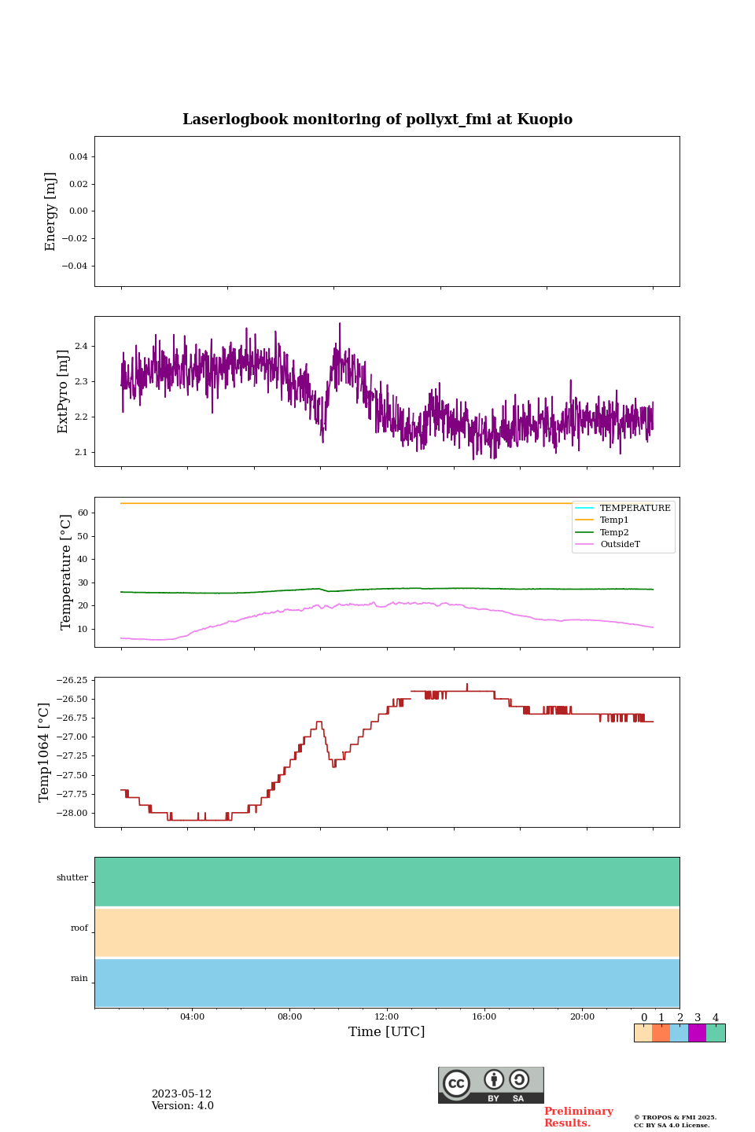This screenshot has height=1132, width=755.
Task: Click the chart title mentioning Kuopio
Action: (x=377, y=119)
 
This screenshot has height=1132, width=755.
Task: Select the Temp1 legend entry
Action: (x=614, y=520)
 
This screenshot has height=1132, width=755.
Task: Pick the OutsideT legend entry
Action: (x=620, y=545)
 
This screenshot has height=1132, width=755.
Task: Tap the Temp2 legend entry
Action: (x=614, y=533)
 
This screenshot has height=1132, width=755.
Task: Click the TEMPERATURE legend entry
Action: (x=635, y=509)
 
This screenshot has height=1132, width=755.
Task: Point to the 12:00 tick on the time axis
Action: (x=387, y=1017)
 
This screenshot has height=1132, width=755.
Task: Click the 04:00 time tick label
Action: (x=192, y=1017)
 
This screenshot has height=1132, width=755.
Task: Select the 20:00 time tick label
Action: (x=582, y=1017)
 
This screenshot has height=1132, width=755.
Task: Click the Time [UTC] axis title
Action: (x=387, y=1032)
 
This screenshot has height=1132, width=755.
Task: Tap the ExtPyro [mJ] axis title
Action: (x=64, y=391)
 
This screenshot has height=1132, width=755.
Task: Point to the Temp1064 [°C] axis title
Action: (x=45, y=752)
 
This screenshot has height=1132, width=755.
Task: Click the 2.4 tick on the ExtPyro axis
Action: (x=81, y=347)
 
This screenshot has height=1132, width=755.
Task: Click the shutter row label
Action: (x=72, y=878)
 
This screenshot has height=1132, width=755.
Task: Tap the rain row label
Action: (x=79, y=979)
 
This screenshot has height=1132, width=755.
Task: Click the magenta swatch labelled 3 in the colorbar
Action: (x=697, y=1033)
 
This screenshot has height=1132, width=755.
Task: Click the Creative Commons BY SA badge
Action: (x=491, y=1085)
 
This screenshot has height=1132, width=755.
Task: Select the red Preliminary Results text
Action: (x=578, y=1117)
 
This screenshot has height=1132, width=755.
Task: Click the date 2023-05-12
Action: (x=182, y=1094)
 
